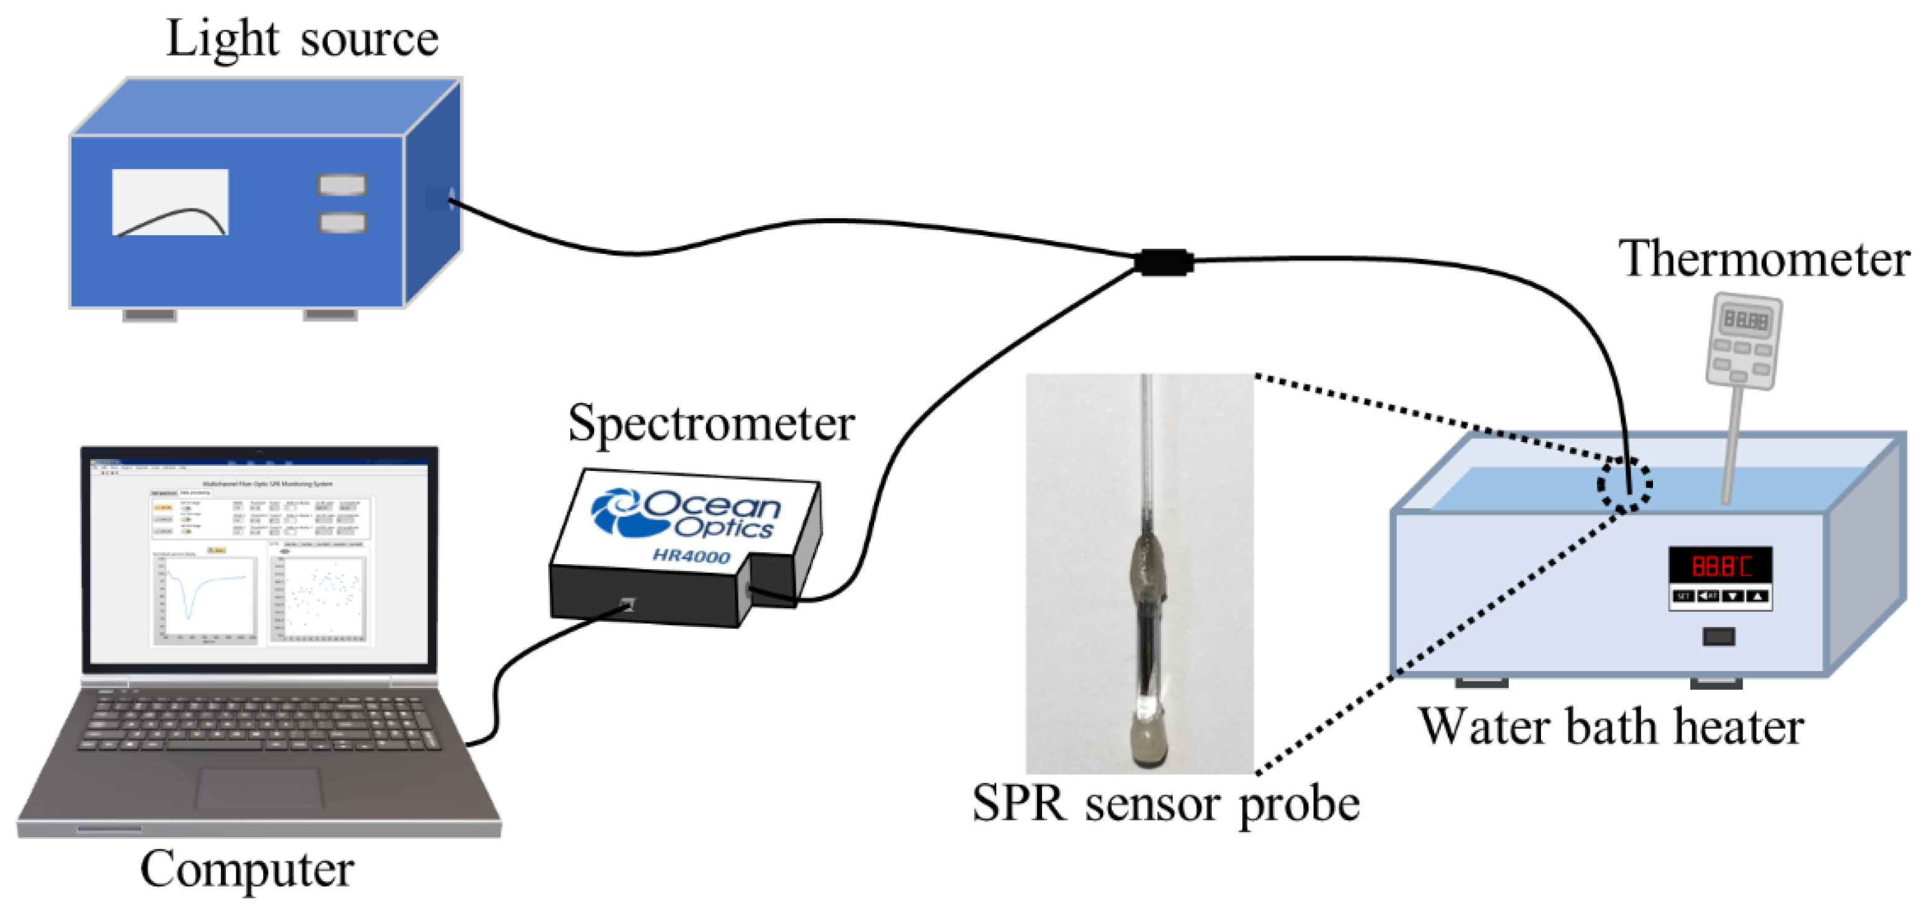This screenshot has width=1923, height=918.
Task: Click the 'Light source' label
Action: click(x=302, y=39)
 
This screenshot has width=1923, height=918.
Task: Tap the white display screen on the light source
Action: click(x=170, y=202)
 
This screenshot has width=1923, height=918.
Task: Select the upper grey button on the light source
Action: click(x=343, y=184)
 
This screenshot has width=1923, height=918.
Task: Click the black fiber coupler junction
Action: click(x=1163, y=262)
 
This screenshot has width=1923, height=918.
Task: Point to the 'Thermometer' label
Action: click(x=1763, y=259)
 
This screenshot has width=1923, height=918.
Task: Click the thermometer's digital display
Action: click(x=1745, y=320)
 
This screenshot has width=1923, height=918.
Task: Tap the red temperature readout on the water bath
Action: click(x=1720, y=565)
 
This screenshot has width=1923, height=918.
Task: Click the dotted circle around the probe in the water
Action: click(x=1624, y=484)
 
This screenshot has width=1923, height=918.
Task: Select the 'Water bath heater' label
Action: click(x=1611, y=726)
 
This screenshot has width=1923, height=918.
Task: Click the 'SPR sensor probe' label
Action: click(x=1165, y=805)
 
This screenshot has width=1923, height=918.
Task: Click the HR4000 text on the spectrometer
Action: click(x=691, y=556)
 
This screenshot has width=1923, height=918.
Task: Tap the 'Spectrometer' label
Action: click(x=710, y=423)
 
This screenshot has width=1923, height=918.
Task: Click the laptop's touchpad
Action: click(x=259, y=788)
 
